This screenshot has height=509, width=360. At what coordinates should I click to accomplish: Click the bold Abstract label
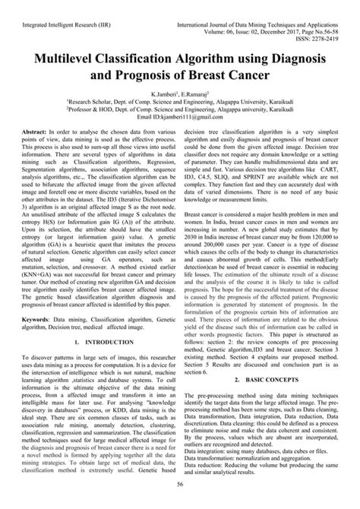click(x=43, y=132)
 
